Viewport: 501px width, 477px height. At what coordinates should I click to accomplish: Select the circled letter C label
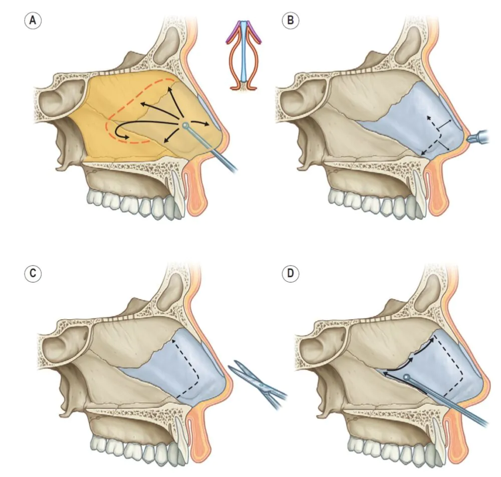(33, 274)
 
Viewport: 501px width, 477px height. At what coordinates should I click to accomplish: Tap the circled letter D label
(291, 274)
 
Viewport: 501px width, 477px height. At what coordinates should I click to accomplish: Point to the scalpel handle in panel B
(481, 136)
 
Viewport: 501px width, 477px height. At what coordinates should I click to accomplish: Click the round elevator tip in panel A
(186, 125)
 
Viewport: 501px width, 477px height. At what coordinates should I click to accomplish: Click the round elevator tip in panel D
(407, 377)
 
